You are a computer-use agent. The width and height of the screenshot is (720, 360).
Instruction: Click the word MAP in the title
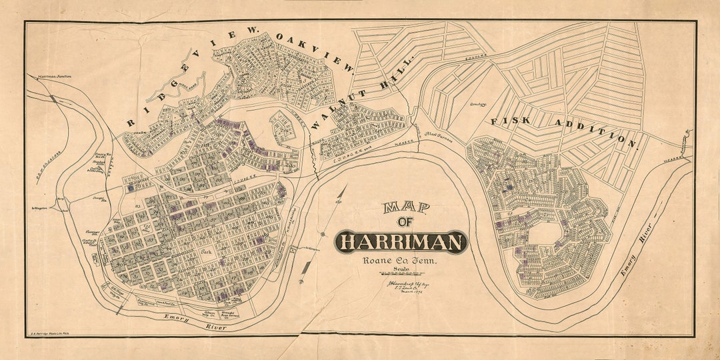tap(406, 208)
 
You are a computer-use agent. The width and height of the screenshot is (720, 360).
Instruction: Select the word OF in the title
tap(405, 223)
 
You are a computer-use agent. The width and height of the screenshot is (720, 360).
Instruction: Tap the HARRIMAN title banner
tap(401, 242)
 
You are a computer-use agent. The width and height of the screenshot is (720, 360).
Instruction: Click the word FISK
tap(509, 121)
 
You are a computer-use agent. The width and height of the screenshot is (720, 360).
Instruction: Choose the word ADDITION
tap(591, 131)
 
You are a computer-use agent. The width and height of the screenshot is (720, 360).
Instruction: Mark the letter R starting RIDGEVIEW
tap(130, 123)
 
